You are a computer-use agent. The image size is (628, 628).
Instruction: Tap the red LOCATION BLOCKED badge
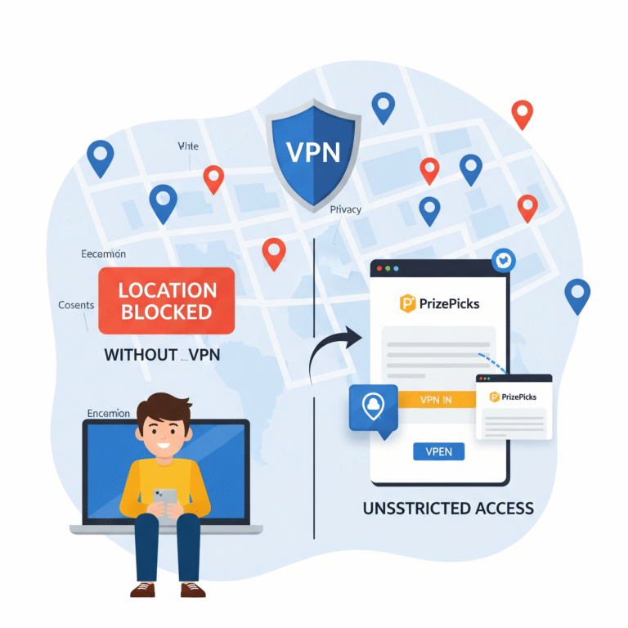(166, 301)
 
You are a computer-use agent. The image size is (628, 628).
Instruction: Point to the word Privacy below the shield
(346, 210)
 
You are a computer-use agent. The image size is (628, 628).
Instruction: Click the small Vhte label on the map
(188, 146)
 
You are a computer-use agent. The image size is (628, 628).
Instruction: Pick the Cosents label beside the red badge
(76, 305)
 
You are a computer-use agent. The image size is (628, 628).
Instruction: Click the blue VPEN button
(438, 451)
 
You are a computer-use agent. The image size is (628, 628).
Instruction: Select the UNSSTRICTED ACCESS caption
(448, 509)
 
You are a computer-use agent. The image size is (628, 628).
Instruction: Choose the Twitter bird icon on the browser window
(501, 260)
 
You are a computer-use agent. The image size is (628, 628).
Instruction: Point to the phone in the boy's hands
(167, 498)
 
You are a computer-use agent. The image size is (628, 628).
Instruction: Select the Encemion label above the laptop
(107, 414)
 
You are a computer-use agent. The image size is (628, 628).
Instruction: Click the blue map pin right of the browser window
(577, 294)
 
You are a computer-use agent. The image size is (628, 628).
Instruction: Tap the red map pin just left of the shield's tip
(273, 251)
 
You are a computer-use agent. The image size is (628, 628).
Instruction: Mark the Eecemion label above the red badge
(103, 254)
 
